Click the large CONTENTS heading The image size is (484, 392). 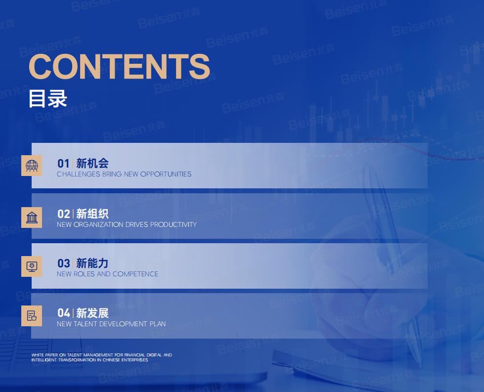119,66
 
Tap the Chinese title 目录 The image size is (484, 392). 48,99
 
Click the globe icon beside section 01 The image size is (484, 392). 32,166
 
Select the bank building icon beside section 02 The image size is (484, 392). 32,218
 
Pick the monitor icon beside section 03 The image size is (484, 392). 32,266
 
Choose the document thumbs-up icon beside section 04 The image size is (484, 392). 32,316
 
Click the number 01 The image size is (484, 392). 64,164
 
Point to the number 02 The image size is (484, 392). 64,214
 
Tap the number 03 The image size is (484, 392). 64,263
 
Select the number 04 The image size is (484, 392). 64,313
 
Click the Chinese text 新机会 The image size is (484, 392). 92,163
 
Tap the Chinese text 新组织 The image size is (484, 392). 92,214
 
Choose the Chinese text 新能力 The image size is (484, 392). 92,263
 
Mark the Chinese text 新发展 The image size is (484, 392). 92,313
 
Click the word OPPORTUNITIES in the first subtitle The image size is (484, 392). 166,174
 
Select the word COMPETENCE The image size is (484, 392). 135,274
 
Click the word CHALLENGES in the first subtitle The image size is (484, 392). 79,174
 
